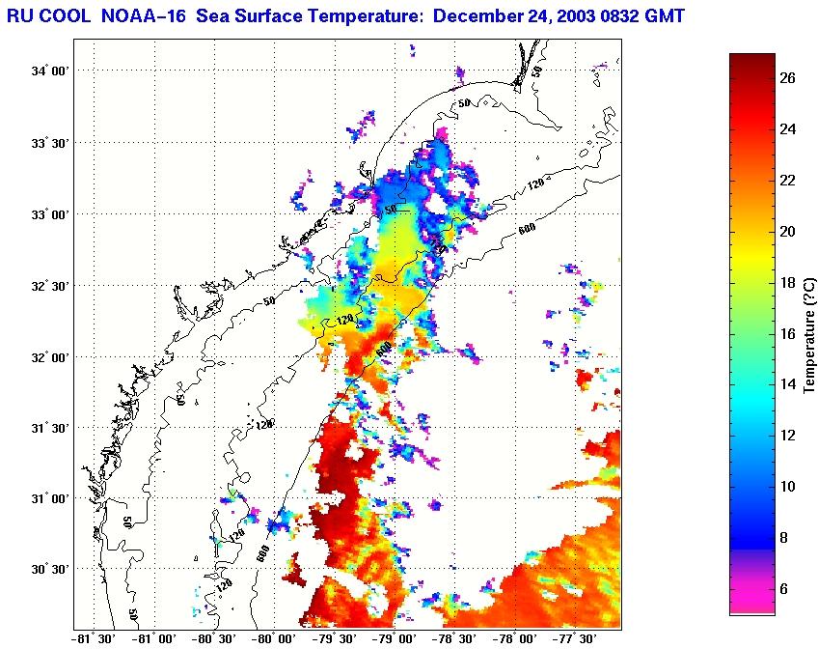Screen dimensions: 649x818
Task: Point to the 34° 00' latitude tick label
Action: pos(49,71)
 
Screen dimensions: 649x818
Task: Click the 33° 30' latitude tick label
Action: pos(49,143)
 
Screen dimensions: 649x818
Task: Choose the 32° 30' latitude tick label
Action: pos(49,286)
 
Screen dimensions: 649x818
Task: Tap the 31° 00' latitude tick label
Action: pos(49,499)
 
